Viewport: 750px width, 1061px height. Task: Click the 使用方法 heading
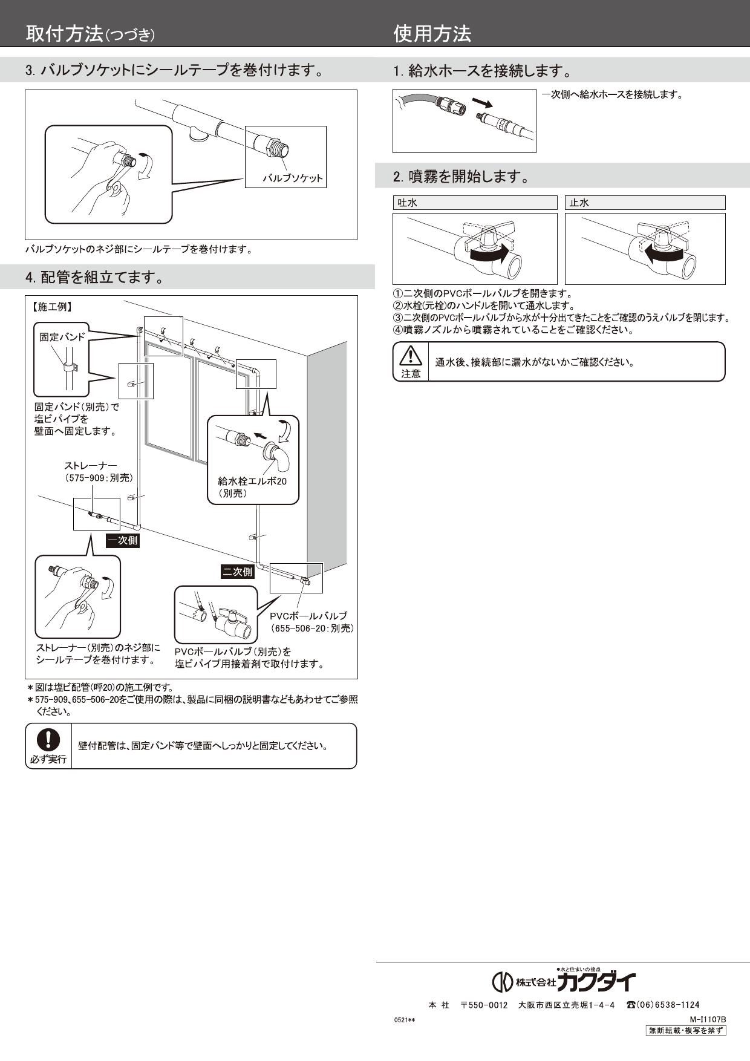[432, 34]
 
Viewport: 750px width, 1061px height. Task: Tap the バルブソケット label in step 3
[293, 179]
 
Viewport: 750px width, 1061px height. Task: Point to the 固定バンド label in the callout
[62, 337]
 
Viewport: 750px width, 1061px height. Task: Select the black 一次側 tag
[123, 541]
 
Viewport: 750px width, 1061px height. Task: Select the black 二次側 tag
[236, 572]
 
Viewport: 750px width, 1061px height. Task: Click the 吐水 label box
[474, 203]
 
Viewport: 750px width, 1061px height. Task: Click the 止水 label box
[645, 203]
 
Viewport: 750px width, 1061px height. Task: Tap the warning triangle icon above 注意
[410, 355]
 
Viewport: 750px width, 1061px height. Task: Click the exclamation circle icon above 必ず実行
[48, 739]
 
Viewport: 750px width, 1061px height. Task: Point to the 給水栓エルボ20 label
[252, 482]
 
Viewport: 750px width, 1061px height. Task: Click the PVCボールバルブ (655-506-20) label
[311, 622]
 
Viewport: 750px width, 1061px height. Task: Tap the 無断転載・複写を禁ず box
[686, 1031]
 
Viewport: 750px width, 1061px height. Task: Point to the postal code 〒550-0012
[484, 1005]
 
